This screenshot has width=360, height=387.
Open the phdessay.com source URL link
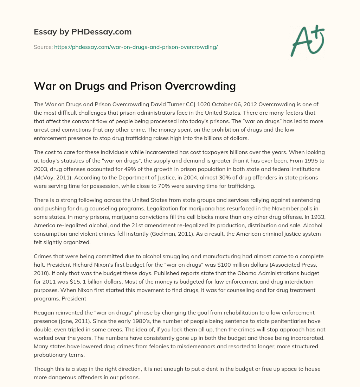(136, 46)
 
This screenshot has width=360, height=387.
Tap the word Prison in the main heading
(156, 86)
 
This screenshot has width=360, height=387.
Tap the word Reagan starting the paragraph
(44, 313)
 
